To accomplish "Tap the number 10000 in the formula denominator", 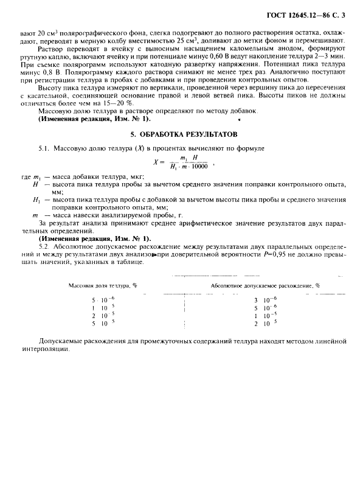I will [198, 166].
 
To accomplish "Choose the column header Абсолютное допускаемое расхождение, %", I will [265, 285].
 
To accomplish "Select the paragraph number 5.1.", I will [44, 148].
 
